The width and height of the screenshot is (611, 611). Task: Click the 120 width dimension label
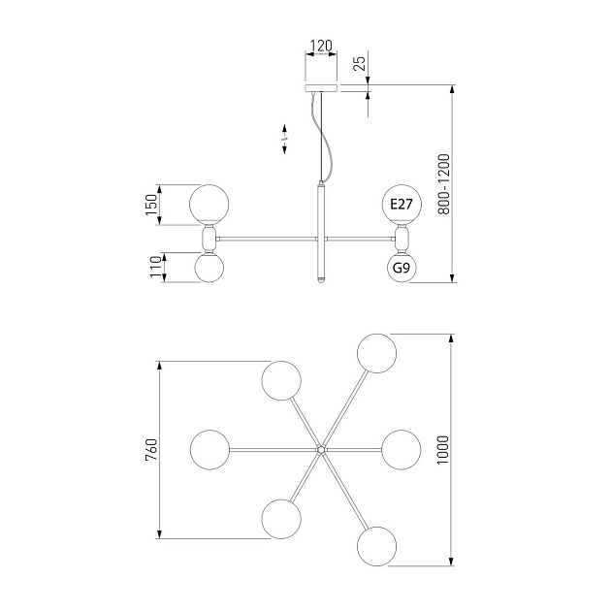(x=321, y=46)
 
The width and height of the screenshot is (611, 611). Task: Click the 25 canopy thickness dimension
(x=361, y=63)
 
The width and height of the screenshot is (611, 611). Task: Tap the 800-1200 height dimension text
(x=443, y=184)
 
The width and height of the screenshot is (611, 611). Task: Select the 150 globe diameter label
(x=151, y=205)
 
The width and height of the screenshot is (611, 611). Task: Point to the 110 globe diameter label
(x=155, y=267)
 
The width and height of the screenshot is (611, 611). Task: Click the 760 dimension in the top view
(x=151, y=450)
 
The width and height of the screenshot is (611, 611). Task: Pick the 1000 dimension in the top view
(x=443, y=450)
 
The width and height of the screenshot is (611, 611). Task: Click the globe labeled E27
(x=402, y=205)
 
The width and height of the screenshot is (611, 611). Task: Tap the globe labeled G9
(x=402, y=268)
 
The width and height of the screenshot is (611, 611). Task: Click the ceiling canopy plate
(x=321, y=87)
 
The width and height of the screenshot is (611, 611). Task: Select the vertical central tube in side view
(x=321, y=233)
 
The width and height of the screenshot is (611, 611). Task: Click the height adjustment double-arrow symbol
(x=284, y=139)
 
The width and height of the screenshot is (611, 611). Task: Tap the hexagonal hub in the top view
(x=321, y=450)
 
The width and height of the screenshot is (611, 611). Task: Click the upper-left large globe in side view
(x=209, y=205)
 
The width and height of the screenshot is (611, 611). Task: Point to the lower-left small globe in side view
(x=209, y=268)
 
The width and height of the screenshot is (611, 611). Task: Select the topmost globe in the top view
(x=377, y=353)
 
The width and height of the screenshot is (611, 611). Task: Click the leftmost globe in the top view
(x=210, y=450)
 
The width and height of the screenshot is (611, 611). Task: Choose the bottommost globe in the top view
(x=377, y=546)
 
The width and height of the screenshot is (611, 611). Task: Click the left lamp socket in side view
(x=209, y=239)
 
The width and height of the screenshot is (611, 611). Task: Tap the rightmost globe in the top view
(x=402, y=450)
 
